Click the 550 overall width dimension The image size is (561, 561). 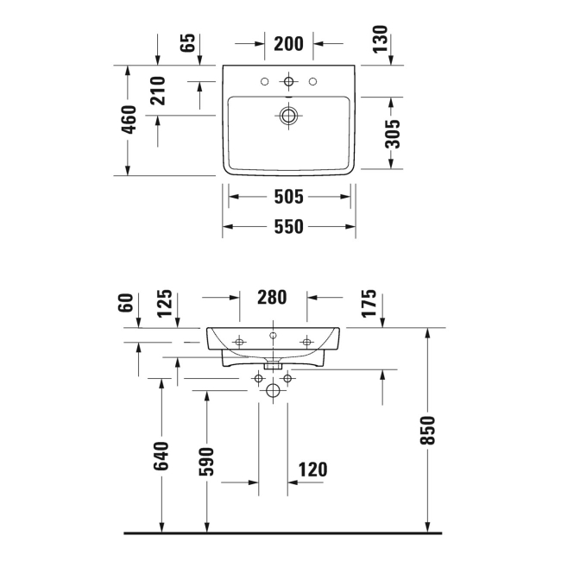(289, 227)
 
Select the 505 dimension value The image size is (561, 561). (289, 198)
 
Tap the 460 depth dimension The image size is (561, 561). (129, 120)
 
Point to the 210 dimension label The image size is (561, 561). (158, 89)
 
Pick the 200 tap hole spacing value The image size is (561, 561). (288, 43)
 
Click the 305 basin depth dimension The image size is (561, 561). (392, 134)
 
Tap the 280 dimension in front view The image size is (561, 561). (272, 298)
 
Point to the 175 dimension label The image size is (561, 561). (369, 306)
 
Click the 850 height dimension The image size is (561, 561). (428, 430)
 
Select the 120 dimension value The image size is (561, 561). (312, 470)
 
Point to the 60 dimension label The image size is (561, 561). (127, 303)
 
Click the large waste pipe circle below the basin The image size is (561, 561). (273, 391)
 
